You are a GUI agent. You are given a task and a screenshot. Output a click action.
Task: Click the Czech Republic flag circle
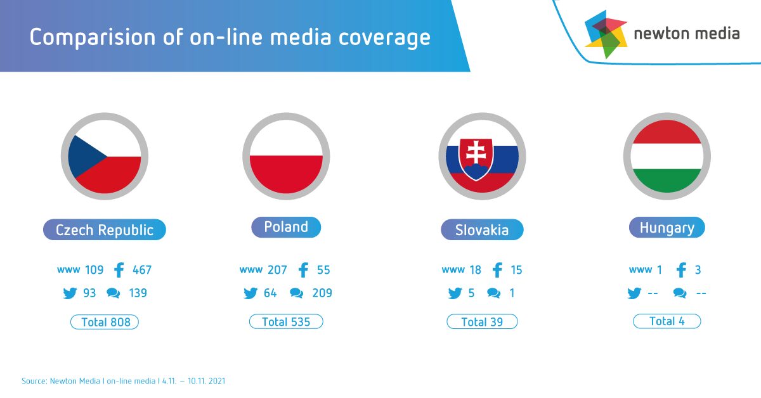(x=105, y=156)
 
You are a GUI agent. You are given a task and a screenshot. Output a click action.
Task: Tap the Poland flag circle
(x=286, y=156)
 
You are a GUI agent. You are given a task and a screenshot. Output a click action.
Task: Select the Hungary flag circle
(x=667, y=156)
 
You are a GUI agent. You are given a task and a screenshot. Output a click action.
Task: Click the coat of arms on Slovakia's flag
(x=476, y=159)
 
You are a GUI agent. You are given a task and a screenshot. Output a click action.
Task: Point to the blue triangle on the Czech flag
(x=84, y=157)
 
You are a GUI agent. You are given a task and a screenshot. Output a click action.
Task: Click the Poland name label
(x=286, y=227)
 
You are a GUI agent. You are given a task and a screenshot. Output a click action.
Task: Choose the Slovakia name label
(x=482, y=229)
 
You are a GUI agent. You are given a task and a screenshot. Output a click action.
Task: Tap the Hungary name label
(x=667, y=227)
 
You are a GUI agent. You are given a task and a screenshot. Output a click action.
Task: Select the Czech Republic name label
(x=105, y=229)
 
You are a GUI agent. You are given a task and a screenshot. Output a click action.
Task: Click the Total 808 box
(x=105, y=322)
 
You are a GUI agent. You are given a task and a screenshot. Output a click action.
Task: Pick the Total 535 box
(x=286, y=321)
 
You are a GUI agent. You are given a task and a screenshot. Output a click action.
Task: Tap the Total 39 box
(x=482, y=321)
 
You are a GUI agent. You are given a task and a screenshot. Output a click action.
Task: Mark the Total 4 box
(x=667, y=321)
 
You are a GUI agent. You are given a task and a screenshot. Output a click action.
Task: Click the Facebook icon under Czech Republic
(x=119, y=270)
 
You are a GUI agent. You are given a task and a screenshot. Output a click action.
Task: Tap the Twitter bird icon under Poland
(x=250, y=293)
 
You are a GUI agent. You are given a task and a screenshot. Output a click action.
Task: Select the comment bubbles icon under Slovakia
(x=493, y=293)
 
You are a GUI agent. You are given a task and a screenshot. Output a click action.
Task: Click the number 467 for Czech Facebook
(x=142, y=270)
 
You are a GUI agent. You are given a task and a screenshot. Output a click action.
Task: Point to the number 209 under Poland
(x=322, y=293)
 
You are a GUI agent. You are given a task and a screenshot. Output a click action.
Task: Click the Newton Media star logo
(x=606, y=34)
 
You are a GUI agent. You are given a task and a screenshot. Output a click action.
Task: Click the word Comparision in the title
(x=93, y=37)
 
